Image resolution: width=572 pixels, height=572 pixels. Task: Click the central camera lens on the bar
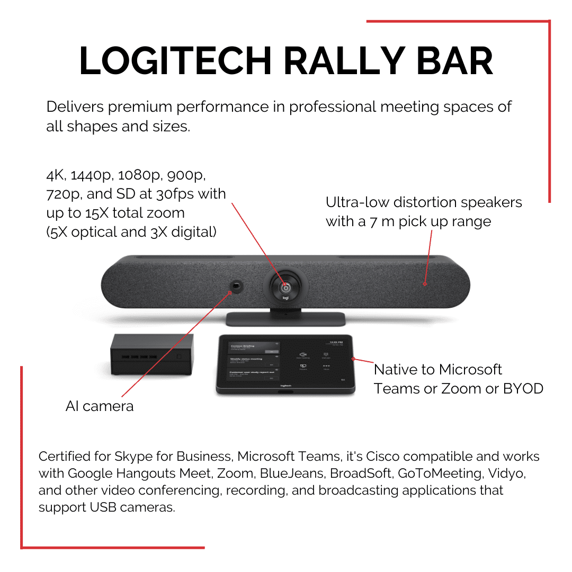click(285, 285)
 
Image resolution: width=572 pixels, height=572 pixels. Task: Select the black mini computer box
click(151, 354)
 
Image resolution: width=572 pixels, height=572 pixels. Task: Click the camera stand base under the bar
click(285, 319)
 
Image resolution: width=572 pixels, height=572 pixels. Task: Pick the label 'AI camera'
click(100, 406)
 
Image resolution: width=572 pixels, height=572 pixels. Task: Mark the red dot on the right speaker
click(425, 284)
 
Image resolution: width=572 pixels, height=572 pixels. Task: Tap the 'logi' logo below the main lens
click(285, 299)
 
